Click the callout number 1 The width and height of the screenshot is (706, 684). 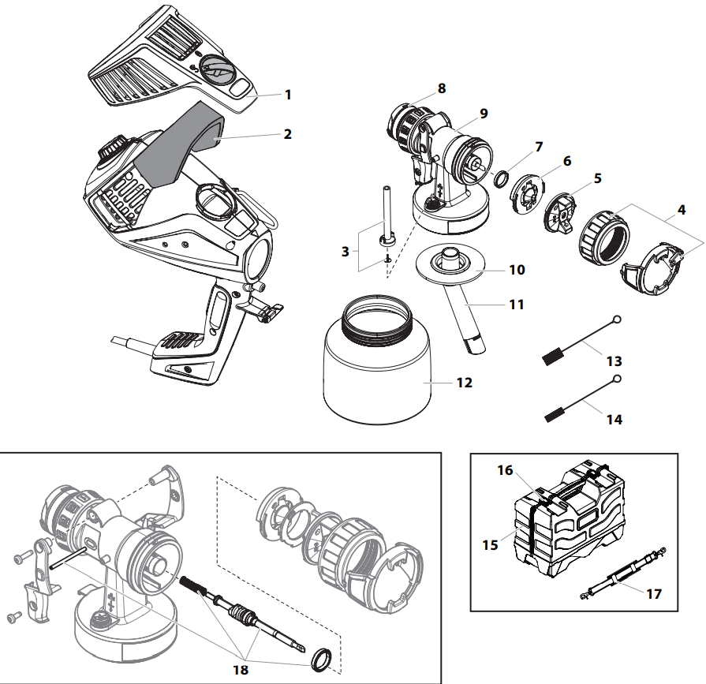click(288, 95)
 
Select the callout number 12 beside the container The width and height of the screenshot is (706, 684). click(464, 383)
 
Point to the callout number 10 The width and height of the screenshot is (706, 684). click(517, 270)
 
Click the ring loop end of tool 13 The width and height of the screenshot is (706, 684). click(617, 320)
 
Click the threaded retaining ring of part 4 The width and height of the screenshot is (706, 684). click(606, 237)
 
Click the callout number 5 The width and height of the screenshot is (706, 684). click(598, 178)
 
